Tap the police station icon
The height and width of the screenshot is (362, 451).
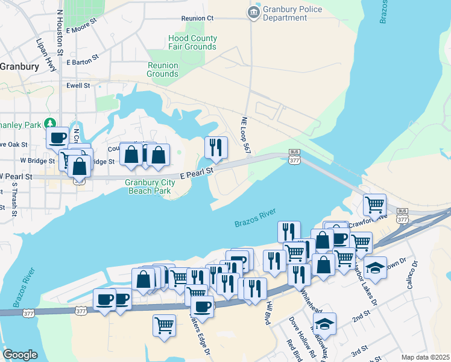click(x=254, y=12)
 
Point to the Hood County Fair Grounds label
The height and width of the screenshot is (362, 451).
click(x=192, y=43)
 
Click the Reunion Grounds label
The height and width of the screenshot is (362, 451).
click(x=163, y=69)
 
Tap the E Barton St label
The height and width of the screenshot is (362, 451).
click(x=82, y=62)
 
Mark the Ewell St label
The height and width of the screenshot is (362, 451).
click(x=78, y=86)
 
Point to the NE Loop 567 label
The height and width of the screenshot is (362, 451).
click(x=246, y=135)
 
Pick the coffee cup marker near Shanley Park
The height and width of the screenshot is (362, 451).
click(x=58, y=138)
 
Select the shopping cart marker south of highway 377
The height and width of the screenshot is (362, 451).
click(x=164, y=325)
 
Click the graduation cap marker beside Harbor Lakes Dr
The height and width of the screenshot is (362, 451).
click(x=376, y=267)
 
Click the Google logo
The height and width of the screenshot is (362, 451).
click(x=20, y=354)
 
